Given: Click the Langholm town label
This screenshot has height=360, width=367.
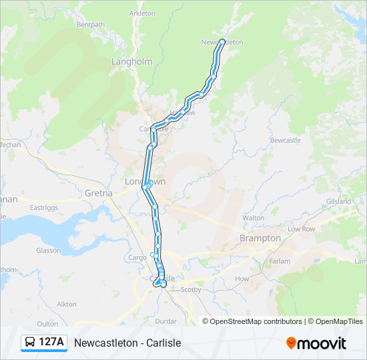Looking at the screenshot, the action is point(131,61).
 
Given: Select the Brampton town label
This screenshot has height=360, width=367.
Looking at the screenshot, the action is point(260,238).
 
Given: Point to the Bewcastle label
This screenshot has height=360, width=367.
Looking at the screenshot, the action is point(286,140).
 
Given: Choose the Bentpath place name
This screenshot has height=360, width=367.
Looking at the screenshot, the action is point(91,25).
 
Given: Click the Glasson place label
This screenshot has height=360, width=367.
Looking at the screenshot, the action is point(49,250).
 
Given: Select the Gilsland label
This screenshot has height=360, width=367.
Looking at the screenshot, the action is point(338,201).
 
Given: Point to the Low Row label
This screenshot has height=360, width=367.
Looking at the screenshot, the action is point(301,229).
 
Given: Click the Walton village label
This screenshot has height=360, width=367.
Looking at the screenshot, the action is point(254,218).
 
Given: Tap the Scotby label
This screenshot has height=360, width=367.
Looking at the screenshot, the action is point(191,289).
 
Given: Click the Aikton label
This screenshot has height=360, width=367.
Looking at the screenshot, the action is point(67,303).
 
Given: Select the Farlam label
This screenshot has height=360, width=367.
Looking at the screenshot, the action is point(280,262).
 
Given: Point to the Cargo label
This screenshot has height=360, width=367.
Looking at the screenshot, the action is point(137,257).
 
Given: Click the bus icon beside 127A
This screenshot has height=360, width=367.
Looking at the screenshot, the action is point(30,343).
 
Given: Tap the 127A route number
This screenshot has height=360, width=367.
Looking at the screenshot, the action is point(51,343).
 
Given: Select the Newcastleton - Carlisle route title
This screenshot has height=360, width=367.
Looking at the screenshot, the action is point(127,343).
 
